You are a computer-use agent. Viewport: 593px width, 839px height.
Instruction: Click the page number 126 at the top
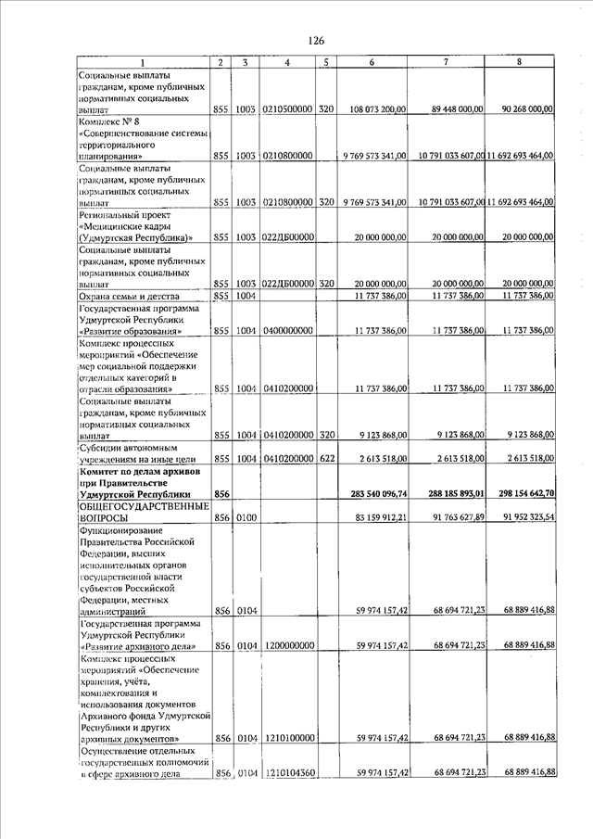[x=315, y=41]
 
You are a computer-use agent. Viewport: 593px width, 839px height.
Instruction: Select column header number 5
[x=325, y=62]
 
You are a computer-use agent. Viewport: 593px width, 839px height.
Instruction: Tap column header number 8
[x=519, y=62]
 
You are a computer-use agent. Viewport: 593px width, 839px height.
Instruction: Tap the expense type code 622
[x=325, y=459]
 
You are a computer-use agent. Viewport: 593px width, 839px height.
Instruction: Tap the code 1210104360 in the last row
[x=288, y=772]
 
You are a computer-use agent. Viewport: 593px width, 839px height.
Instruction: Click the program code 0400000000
[x=288, y=331]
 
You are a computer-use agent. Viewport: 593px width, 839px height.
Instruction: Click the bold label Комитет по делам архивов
[x=135, y=471]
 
